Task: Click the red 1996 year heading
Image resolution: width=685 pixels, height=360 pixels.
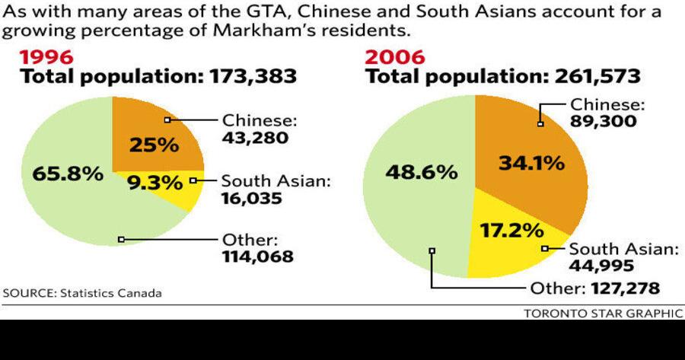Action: [x=46, y=58]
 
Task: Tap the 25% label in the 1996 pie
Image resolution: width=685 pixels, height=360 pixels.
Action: [x=153, y=145]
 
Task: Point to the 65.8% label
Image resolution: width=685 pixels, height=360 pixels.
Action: [x=68, y=174]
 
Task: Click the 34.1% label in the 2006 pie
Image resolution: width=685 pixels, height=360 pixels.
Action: [x=531, y=162]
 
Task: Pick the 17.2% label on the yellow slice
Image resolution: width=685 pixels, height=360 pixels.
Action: [x=511, y=229]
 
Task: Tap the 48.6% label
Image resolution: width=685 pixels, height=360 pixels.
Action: [x=422, y=172]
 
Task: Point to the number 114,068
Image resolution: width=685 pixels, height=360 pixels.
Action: [x=257, y=256]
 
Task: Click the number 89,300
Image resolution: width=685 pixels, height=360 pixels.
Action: [x=603, y=122]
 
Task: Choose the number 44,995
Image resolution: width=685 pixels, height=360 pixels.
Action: [x=601, y=265]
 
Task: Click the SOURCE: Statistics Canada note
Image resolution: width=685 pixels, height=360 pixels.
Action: [x=82, y=293]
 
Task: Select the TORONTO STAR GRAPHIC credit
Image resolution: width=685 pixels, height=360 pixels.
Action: [x=603, y=314]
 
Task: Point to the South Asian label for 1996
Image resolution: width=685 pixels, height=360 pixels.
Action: [x=276, y=181]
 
